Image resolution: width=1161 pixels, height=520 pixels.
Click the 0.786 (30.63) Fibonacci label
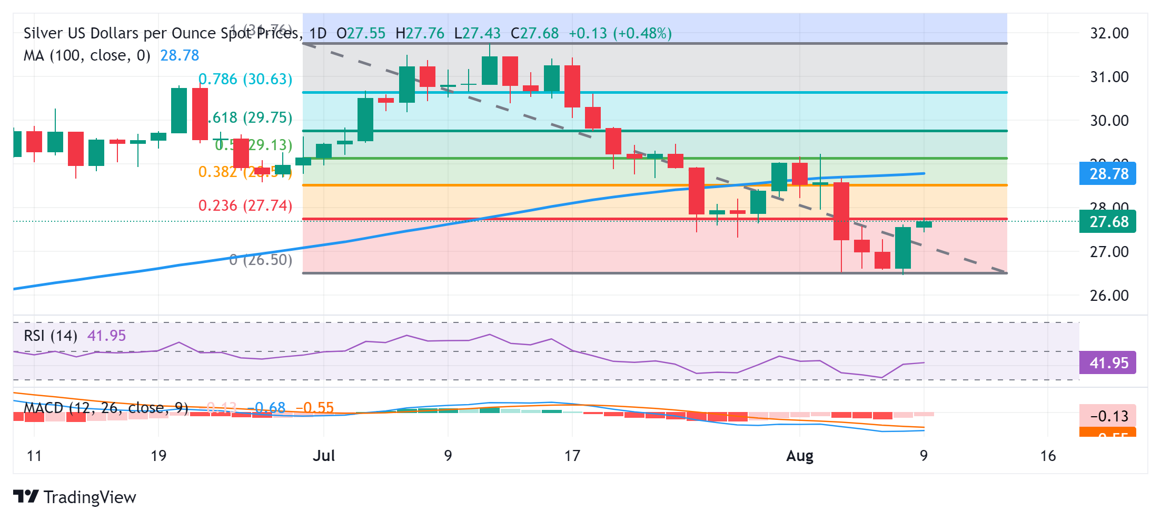[245, 79]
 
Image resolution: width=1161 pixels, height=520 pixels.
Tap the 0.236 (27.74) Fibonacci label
[245, 205]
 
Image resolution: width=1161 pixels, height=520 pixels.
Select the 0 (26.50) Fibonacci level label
[261, 260]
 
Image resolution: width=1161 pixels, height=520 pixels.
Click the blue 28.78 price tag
[1108, 174]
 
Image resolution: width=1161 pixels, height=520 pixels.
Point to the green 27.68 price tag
[1108, 222]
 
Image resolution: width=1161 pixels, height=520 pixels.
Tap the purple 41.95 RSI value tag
[1108, 363]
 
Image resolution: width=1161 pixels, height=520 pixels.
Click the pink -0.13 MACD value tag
[1108, 416]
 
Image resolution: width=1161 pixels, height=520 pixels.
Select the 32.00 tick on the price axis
[1109, 33]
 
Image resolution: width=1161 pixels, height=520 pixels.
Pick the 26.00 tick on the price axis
[1109, 296]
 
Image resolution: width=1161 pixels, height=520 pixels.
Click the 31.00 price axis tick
[1109, 77]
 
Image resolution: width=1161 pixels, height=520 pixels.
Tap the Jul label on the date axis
[324, 456]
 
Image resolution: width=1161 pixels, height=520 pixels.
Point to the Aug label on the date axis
[799, 456]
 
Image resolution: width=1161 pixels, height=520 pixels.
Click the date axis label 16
[1048, 456]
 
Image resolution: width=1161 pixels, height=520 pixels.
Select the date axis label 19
[158, 456]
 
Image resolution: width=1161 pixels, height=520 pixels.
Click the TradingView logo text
[90, 497]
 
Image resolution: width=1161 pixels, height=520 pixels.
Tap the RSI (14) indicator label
[51, 336]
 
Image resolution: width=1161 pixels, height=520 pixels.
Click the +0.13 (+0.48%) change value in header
[620, 33]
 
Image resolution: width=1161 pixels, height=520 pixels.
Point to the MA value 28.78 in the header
[180, 55]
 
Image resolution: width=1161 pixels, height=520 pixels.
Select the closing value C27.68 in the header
[534, 33]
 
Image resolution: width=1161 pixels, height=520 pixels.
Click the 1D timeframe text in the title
[317, 33]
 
